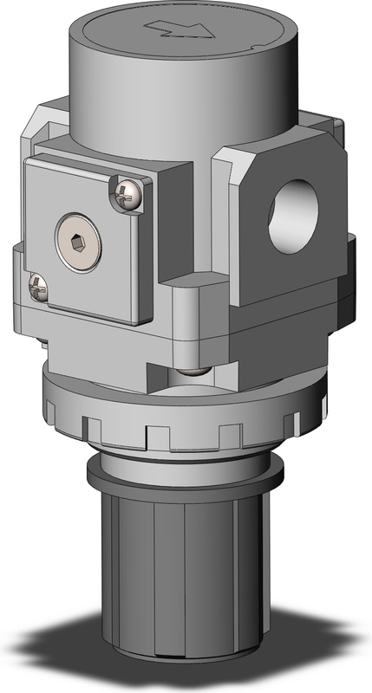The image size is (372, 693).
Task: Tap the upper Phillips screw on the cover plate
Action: coord(127,196)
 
